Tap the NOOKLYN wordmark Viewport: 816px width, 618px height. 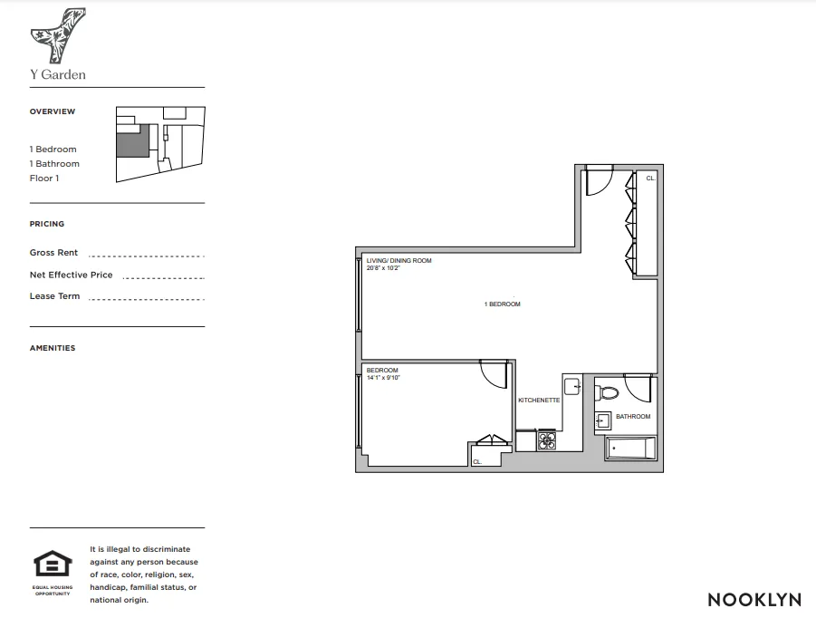[754, 599]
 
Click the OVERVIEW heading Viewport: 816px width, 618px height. [53, 111]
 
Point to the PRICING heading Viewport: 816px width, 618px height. [47, 224]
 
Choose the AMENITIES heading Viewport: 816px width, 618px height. [53, 348]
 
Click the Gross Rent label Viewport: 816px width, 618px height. [54, 253]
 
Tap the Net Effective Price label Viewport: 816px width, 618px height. [72, 275]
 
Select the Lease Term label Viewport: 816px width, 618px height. [55, 296]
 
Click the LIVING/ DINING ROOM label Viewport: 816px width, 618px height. [399, 261]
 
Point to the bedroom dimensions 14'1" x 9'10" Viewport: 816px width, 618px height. [383, 377]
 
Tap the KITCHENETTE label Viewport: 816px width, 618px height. [539, 400]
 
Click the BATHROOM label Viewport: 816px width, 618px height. [633, 417]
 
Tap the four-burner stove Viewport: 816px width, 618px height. [548, 441]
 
